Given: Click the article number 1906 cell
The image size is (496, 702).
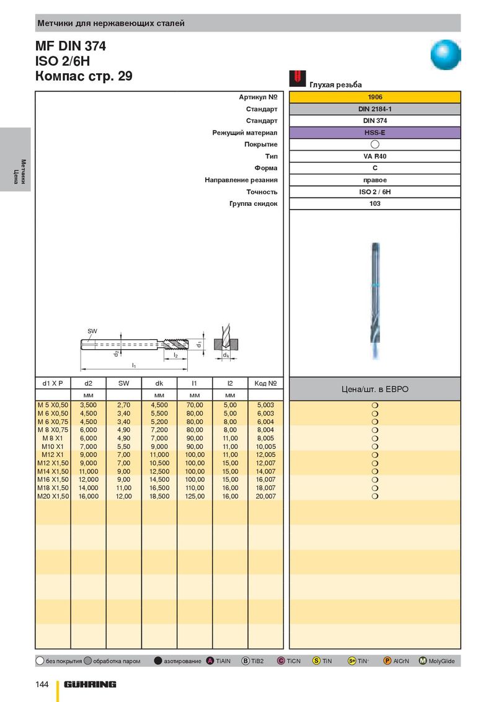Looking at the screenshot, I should point(374,97).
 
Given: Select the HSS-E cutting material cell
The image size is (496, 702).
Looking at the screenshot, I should point(374,133).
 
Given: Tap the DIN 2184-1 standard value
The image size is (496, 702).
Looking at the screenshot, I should point(374,109).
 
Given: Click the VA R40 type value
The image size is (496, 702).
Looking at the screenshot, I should point(374,156).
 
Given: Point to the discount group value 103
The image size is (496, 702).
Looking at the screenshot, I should point(374,203).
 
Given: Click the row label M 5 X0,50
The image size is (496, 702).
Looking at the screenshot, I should point(53,405).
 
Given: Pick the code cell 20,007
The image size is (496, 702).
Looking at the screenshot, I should point(265,497).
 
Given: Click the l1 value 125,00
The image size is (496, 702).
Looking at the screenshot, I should point(195,497).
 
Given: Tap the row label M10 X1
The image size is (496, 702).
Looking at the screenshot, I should point(53,447).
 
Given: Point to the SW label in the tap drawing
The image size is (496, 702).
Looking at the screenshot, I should point(92,332).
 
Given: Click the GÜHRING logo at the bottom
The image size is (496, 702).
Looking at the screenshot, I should point(90,684).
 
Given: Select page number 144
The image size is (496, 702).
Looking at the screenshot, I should point(42,684).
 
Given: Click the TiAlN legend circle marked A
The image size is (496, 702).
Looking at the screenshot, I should point(210,661).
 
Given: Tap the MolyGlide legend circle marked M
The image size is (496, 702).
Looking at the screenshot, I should point(423,661).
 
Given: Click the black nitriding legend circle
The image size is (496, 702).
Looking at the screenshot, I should point(157,661).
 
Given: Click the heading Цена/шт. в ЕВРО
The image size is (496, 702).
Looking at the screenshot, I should point(374,389).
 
